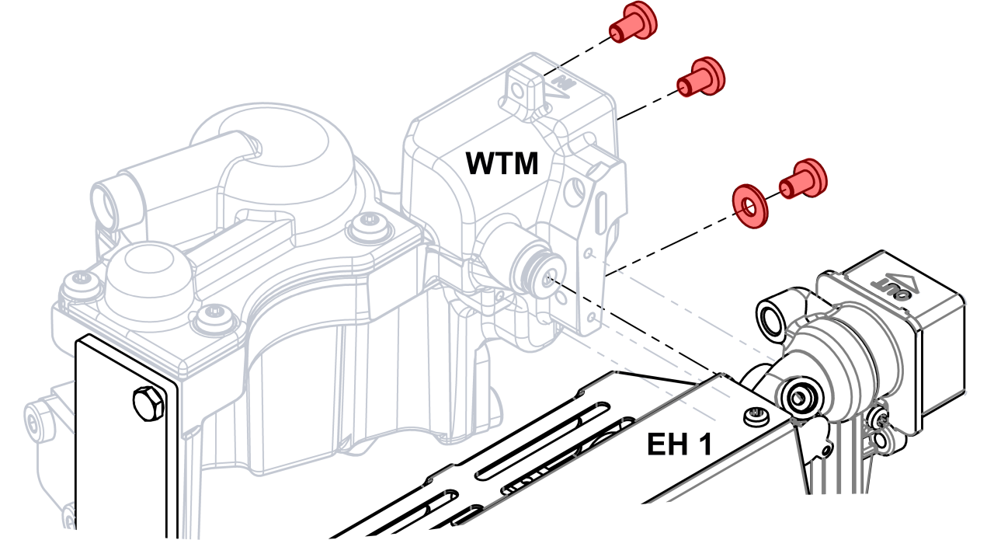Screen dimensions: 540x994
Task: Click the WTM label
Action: (502, 164)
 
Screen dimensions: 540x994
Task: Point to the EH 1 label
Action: (679, 444)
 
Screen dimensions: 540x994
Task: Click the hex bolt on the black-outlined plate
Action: (149, 403)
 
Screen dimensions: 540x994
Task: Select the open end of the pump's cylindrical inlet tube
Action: (105, 204)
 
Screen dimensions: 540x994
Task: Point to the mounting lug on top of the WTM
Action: (520, 88)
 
